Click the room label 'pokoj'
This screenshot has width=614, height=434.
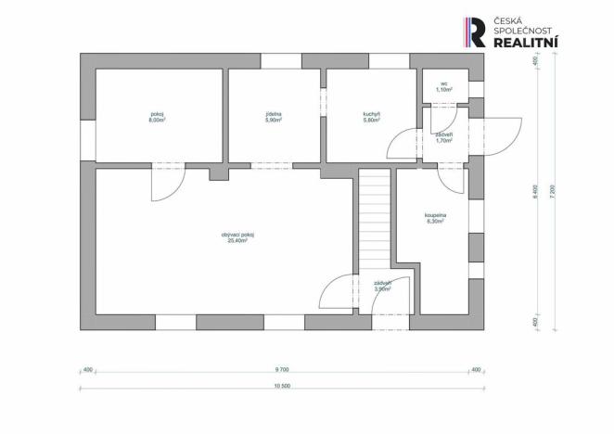pos(157,114)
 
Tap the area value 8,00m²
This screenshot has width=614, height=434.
pos(157,121)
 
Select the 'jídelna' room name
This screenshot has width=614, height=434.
pos(273,114)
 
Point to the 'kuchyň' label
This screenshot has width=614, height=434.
pos(372,114)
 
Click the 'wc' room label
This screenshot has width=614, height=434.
pos(444,83)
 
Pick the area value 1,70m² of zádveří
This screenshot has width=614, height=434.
pos(443,141)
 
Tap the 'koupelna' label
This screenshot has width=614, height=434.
pos(436,215)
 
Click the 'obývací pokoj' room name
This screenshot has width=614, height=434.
pos(237,234)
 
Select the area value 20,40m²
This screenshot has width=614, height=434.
pos(237,240)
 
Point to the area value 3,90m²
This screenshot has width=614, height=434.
pos(382,289)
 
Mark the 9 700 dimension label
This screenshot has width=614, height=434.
pos(281,369)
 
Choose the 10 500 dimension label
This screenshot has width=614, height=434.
pos(281,386)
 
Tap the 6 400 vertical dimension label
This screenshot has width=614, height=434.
pos(535,192)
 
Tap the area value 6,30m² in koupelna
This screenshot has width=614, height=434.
pos(436,222)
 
